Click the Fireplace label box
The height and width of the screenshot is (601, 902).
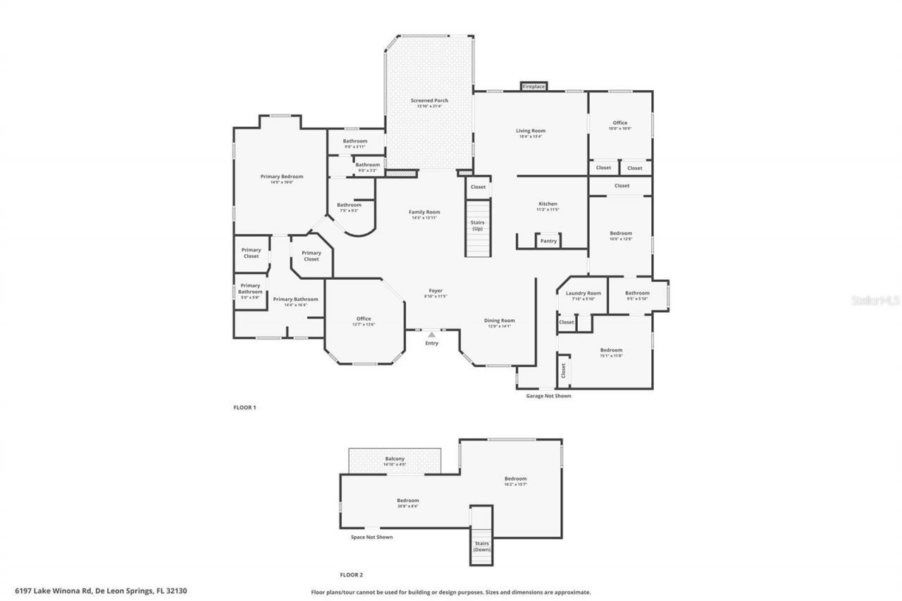coord(533,86)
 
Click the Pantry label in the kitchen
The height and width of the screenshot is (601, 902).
coord(548,241)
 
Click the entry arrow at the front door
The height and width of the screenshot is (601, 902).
coord(431,334)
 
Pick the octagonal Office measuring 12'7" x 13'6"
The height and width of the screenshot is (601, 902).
coord(364,321)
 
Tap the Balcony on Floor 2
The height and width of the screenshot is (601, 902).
coord(395,461)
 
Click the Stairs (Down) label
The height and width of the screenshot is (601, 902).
coord(481,546)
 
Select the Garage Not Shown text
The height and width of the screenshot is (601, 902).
coord(548,396)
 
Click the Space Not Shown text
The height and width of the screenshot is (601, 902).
coord(371,537)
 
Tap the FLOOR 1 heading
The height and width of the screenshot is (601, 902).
coord(245,407)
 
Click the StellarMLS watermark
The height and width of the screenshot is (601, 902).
coord(876,300)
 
